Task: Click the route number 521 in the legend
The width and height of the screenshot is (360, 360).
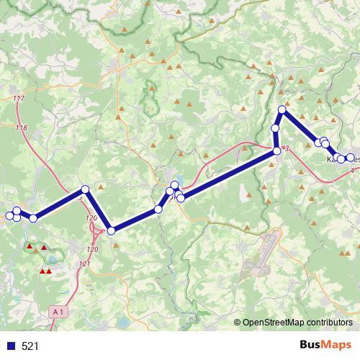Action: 30,346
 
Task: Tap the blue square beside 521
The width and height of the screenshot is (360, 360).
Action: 11,346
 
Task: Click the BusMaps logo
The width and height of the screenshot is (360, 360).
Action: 326,345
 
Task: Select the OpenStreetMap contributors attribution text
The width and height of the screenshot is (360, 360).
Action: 297,323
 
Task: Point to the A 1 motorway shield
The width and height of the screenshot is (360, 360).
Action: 60,311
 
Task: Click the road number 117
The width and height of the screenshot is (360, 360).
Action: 19,98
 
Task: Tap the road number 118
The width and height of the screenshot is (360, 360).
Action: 21,127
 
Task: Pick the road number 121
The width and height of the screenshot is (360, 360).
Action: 85,264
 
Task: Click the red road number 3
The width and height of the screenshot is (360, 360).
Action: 287,149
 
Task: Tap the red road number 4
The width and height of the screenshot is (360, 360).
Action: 352,171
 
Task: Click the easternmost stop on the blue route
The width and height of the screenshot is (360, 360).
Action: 351,158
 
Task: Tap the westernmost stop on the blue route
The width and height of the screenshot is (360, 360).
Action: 9,216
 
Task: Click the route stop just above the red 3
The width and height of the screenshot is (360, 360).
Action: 277,151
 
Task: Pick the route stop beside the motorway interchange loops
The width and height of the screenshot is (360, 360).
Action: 111,230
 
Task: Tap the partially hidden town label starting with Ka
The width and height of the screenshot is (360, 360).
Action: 332,160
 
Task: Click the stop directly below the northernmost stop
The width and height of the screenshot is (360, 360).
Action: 275,128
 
